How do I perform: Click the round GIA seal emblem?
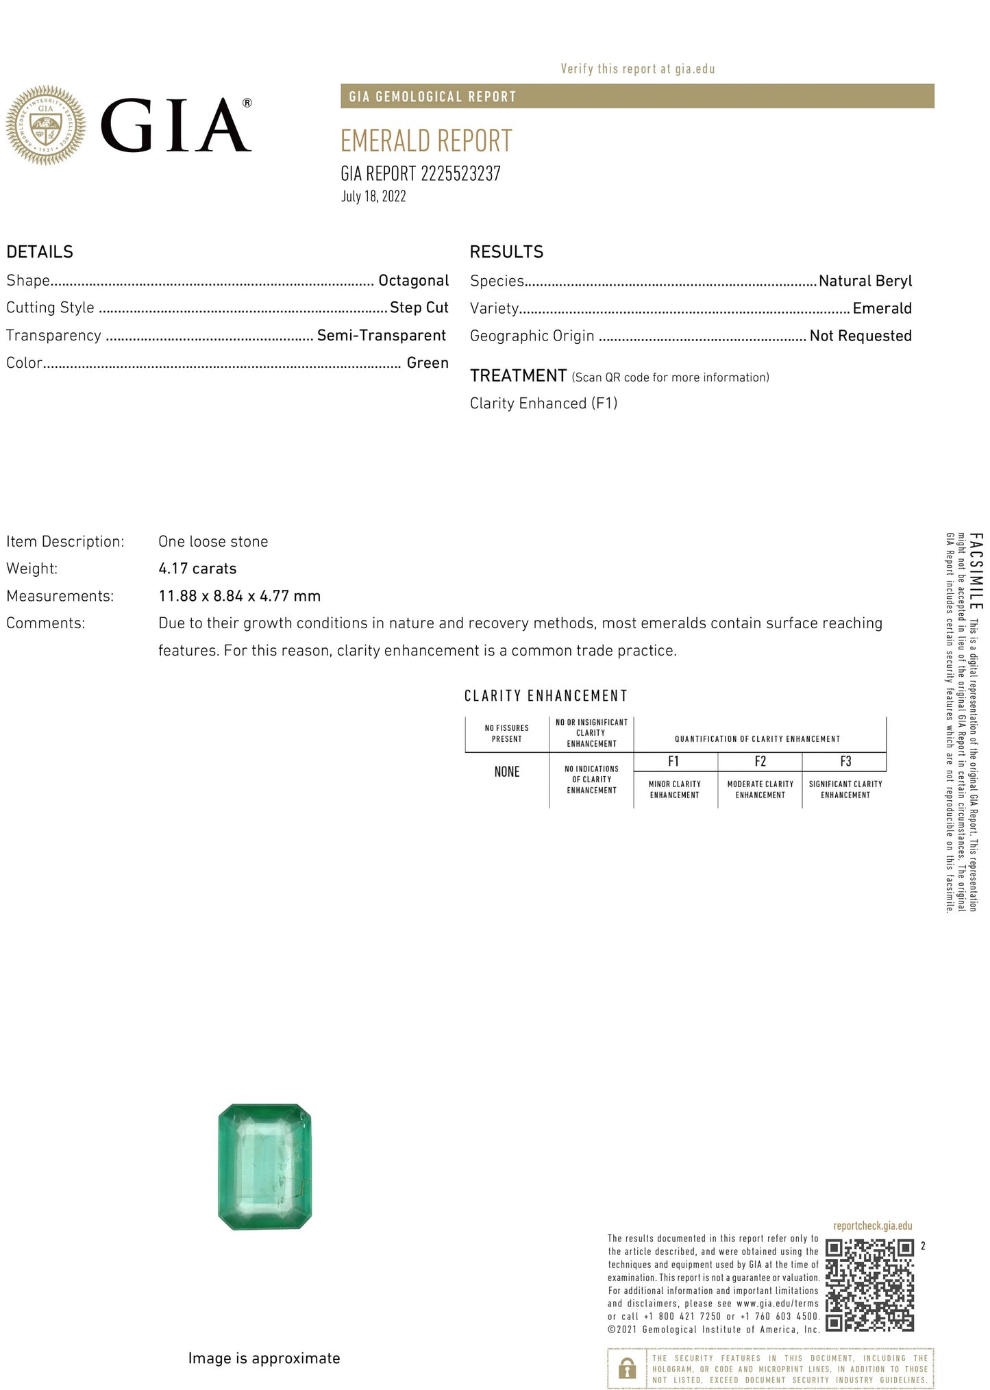pos(46,125)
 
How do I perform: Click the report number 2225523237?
pos(460,174)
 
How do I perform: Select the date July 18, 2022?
pos(373,197)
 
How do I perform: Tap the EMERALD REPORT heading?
pos(426,141)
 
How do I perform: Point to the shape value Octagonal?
pos(413,281)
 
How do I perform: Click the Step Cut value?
pos(419,308)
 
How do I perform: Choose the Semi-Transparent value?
pos(381,336)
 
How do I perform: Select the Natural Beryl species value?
pos(865,281)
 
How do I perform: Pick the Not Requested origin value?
pos(860,336)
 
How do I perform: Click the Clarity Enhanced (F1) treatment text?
pos(543,404)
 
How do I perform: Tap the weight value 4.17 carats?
pos(197,569)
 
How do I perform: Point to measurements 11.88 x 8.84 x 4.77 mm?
pos(239,596)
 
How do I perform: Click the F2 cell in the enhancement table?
pos(760,762)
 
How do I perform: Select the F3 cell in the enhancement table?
pos(845,762)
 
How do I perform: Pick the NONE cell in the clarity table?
pos(507,772)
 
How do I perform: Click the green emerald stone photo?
pos(264,1167)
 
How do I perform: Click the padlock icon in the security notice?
pos(627,1368)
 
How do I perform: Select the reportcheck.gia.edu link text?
pos(872,1226)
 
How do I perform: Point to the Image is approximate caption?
pos(264,1358)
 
